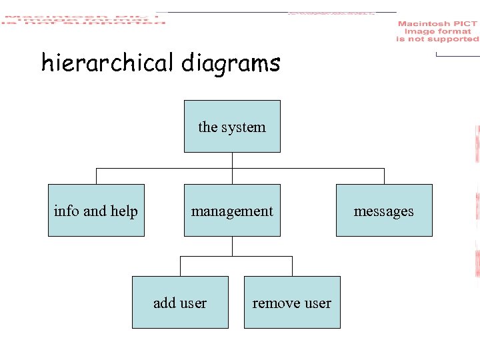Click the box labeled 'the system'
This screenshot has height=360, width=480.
[x=232, y=126]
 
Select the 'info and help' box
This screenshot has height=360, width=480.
[x=96, y=210]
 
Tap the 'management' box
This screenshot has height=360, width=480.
[x=232, y=210]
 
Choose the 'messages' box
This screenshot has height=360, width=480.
[x=384, y=210]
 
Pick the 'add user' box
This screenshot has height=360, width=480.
[x=180, y=302]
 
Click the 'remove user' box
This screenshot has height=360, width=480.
[x=292, y=302]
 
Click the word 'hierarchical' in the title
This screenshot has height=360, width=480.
[x=107, y=63]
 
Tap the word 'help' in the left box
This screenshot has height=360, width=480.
[x=124, y=211]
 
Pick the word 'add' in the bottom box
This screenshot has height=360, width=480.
[x=164, y=303]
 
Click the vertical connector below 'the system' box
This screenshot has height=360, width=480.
[x=232, y=160]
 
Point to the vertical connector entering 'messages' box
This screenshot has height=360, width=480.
[x=384, y=176]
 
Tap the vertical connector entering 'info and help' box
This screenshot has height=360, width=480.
[x=96, y=176]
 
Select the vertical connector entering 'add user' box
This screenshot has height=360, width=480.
[x=180, y=267]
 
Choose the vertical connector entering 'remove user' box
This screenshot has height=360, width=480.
[x=292, y=267]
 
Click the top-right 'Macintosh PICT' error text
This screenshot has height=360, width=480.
[x=437, y=31]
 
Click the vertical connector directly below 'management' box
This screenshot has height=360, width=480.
[x=232, y=246]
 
